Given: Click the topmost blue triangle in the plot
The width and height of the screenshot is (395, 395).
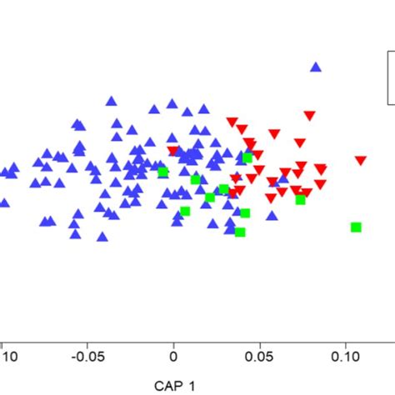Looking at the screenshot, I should point(316,67).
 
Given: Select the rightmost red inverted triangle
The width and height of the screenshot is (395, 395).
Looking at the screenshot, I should point(360,161).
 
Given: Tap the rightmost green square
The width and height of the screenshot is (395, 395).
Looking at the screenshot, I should point(356,227).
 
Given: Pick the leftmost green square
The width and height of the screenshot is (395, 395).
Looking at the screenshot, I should point(163,172).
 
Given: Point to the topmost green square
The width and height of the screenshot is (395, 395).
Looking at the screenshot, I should point(247,158).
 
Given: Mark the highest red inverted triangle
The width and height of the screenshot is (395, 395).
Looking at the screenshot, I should point(309,115).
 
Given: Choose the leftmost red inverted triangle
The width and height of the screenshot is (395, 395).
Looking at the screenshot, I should point(172,152).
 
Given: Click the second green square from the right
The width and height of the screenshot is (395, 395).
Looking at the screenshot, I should point(300,199).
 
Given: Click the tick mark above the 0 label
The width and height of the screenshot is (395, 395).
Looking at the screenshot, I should point(173,339).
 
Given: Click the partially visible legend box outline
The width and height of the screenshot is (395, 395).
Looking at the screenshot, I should point(389,77).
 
